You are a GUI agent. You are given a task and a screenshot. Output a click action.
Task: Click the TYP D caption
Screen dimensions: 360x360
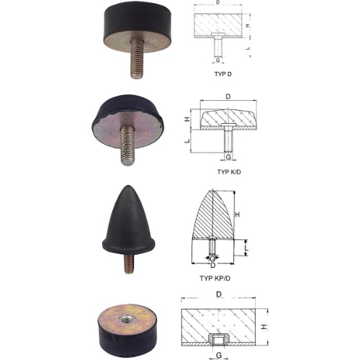[223, 74]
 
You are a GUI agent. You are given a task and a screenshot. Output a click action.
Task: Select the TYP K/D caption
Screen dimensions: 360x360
[229, 172]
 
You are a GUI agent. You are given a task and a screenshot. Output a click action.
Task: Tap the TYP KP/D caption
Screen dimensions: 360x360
[215, 278]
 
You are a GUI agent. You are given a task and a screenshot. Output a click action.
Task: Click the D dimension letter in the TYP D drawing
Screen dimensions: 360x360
[218, 3]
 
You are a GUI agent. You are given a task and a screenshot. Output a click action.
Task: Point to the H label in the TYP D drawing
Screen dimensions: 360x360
[248, 25]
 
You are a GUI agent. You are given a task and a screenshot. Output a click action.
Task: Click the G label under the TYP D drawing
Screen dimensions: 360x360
[217, 60]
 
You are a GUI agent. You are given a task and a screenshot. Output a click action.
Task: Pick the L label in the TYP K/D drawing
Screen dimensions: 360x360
[187, 140]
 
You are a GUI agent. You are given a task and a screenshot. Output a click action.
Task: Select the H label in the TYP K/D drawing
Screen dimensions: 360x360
[187, 119]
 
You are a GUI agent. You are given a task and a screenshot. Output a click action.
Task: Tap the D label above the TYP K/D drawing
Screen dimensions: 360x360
[228, 96]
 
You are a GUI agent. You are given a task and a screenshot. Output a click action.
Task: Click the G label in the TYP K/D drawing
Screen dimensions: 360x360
[228, 157]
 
